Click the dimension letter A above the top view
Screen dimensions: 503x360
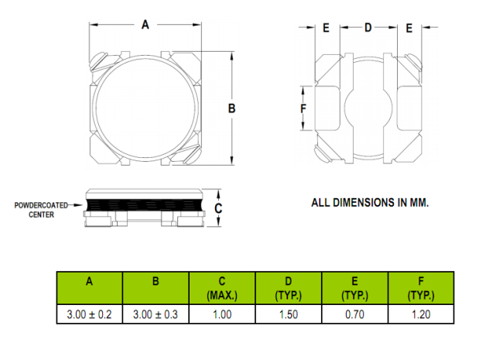[145, 25]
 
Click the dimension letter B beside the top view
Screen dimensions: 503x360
[231, 108]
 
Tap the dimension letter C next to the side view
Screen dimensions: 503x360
[218, 208]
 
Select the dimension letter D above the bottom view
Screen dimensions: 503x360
[368, 28]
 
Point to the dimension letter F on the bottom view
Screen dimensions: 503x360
[303, 109]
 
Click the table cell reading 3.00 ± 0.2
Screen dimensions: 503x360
[90, 314]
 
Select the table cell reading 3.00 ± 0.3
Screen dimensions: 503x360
[156, 314]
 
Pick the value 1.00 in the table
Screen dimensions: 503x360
[222, 314]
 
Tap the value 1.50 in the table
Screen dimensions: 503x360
[289, 314]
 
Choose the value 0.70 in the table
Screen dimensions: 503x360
[354, 314]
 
